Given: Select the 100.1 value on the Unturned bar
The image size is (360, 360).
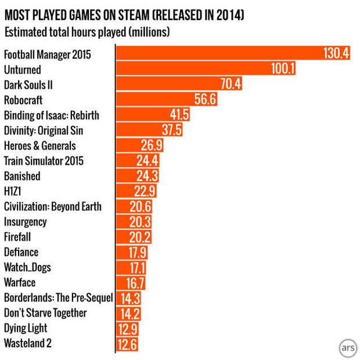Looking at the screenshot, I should (283, 69).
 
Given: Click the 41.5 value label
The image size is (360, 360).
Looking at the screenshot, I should (178, 115).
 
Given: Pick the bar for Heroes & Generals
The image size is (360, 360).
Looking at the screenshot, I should (140, 145).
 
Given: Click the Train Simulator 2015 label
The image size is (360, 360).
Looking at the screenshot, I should (44, 161).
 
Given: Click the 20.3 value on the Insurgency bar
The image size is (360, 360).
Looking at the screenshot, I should (138, 222).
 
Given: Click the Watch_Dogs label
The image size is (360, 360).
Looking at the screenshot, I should (28, 267).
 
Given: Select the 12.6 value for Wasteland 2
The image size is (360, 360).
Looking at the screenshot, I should (128, 343).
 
